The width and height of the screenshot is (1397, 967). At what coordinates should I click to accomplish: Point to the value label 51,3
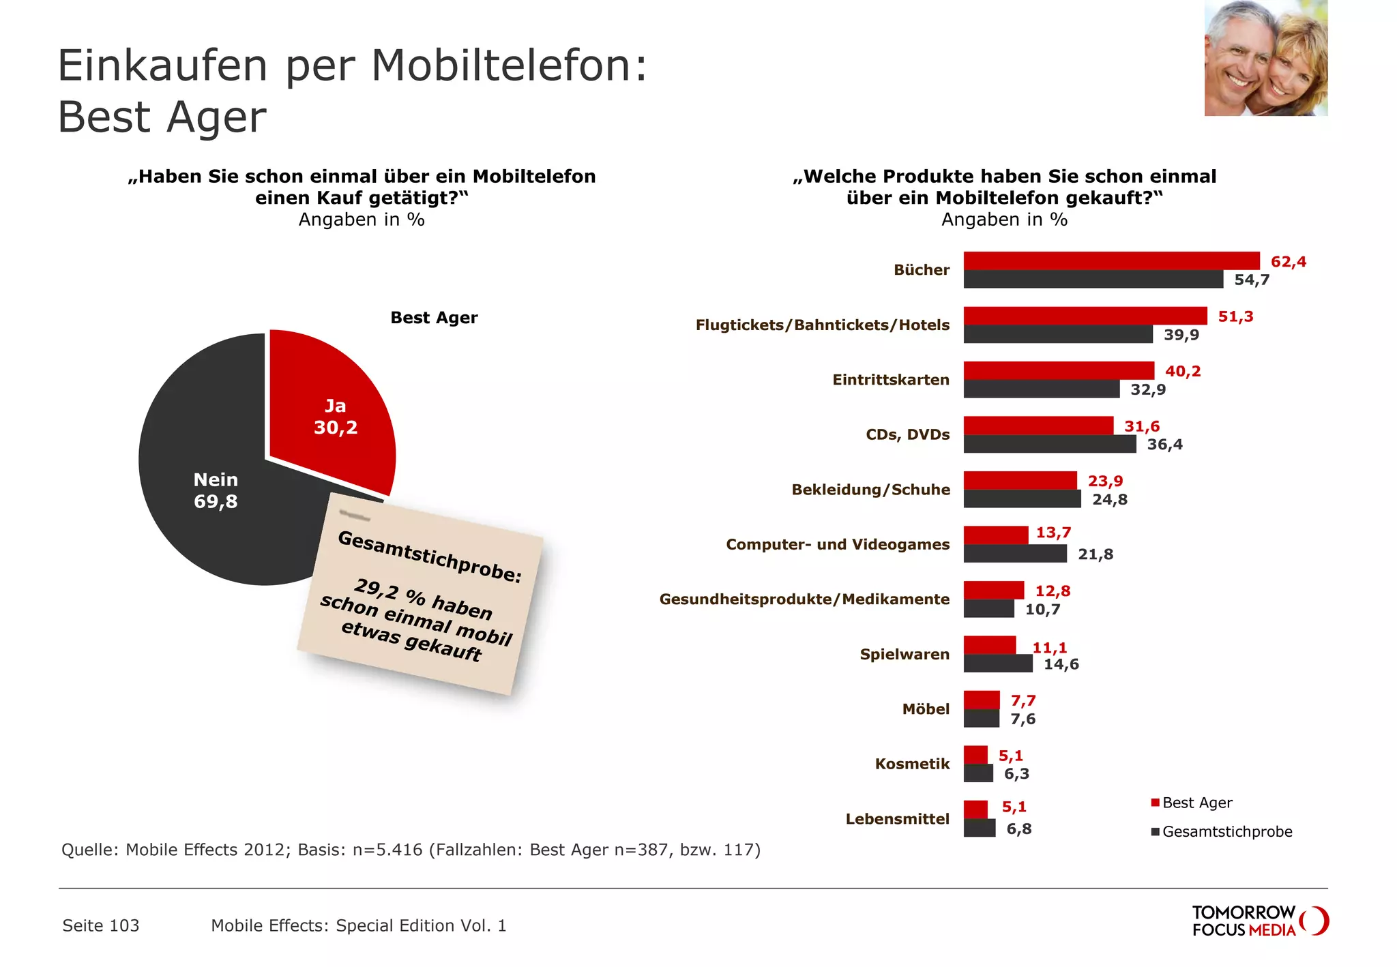[x=1235, y=316]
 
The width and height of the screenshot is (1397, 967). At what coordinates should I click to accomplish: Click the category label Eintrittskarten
[x=890, y=380]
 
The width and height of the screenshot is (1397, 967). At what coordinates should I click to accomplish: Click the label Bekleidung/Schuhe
[x=870, y=490]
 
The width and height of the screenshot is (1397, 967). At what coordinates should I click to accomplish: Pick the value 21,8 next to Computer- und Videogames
[x=1095, y=554]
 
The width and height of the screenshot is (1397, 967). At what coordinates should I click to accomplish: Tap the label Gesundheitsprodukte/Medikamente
[x=804, y=599]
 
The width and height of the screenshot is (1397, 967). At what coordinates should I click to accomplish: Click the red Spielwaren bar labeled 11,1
[x=989, y=645]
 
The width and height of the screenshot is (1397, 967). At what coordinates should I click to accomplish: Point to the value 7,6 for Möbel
[x=1023, y=719]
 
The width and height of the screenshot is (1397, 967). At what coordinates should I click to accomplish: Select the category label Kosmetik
[x=912, y=764]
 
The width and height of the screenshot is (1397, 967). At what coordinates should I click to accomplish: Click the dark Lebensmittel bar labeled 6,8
[x=979, y=829]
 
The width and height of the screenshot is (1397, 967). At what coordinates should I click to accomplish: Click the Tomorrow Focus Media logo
[x=1259, y=921]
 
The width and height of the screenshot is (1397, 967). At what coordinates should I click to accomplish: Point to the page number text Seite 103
[x=101, y=925]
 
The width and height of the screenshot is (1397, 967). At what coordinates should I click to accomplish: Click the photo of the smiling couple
[x=1265, y=58]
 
